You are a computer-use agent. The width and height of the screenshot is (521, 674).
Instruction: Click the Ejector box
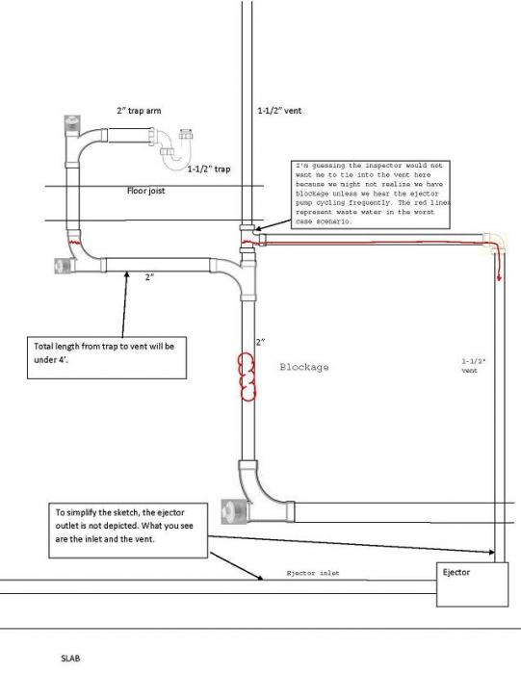(x=472, y=584)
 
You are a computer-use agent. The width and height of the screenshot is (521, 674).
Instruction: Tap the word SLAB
(x=70, y=658)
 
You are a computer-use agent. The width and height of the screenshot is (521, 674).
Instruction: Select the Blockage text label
(x=304, y=367)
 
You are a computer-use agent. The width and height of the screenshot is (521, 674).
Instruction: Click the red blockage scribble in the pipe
(x=247, y=376)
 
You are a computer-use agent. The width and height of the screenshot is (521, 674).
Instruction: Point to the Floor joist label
(x=145, y=191)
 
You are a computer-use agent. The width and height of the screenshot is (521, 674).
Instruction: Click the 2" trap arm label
(x=139, y=111)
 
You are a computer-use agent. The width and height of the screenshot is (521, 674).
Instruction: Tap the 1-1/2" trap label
(x=208, y=168)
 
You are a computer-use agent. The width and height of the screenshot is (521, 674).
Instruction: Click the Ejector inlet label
(x=313, y=573)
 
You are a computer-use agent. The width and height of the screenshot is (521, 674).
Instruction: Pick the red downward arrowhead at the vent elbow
(x=499, y=278)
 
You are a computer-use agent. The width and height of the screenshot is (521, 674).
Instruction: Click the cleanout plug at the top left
(x=71, y=124)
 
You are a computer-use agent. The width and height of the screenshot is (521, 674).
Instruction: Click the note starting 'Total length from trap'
(x=107, y=357)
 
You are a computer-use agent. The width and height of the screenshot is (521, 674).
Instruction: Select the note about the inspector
(x=370, y=194)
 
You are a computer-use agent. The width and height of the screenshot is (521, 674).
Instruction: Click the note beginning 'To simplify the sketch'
(x=128, y=531)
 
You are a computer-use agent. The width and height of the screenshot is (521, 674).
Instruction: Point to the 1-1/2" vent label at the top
(x=279, y=111)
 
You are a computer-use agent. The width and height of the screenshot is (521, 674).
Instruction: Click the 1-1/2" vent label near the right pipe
(x=474, y=365)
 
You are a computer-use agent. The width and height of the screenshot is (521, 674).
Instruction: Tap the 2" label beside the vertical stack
(x=260, y=342)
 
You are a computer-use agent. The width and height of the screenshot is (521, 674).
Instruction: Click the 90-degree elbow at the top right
(x=495, y=243)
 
